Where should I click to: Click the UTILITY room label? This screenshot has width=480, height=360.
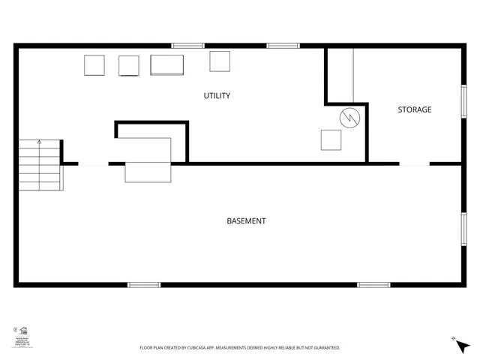coord(217,96)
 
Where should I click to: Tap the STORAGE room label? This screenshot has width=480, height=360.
coord(414,110)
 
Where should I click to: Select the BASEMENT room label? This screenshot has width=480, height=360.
coord(246,221)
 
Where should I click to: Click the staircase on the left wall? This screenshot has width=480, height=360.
coord(39,165)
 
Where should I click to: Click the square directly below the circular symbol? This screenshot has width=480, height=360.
coord(331,140)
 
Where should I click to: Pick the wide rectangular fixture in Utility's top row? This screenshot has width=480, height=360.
coord(167,64)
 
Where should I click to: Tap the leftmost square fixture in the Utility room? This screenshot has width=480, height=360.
coord(94,66)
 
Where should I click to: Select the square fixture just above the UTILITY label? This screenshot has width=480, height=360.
coord(220,61)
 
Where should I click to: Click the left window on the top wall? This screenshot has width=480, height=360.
coord(187,46)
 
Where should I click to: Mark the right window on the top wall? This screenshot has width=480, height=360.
coord(283,46)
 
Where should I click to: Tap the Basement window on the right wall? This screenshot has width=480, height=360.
coord(463,229)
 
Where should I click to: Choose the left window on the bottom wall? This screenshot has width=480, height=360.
coord(144,284)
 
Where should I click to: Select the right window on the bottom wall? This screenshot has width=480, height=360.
coord(373,284)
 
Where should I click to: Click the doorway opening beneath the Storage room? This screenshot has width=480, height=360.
coord(414,163)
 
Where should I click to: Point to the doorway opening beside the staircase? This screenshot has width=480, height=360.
coord(93,163)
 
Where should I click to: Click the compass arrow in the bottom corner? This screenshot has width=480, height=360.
coord(460,346)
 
